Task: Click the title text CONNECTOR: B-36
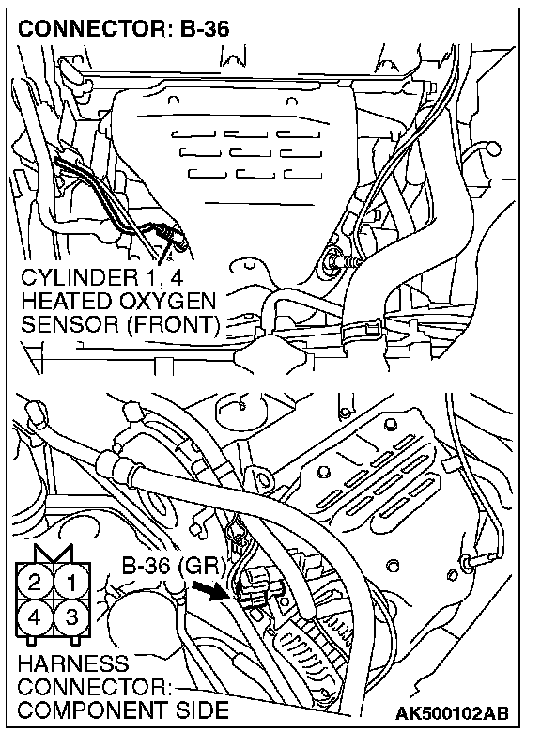(123, 28)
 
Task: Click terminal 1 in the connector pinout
(71, 583)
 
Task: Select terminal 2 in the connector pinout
(35, 583)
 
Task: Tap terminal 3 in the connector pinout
(71, 617)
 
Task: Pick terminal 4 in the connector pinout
(35, 617)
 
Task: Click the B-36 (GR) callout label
(174, 566)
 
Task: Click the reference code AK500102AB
(452, 713)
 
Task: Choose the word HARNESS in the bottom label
(73, 663)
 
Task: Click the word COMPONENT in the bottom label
(91, 710)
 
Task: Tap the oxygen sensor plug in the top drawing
(173, 235)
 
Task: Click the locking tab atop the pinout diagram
(53, 554)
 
